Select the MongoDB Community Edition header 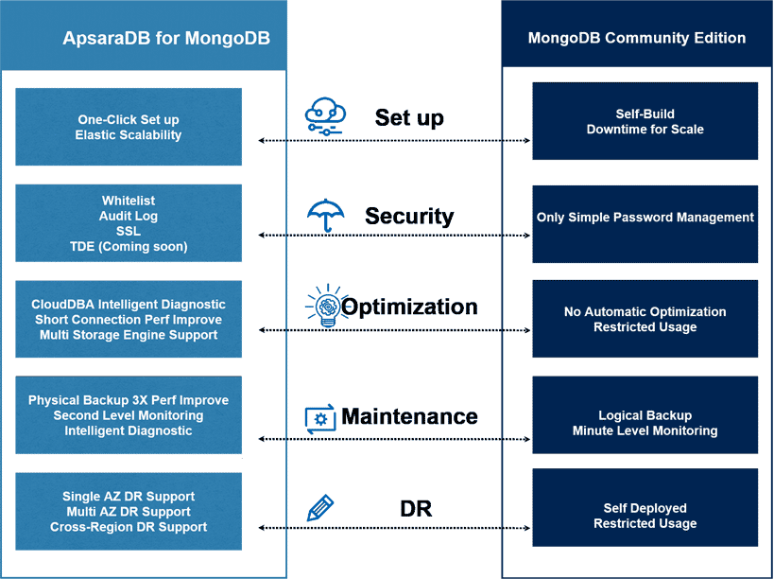636,38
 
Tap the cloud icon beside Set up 324,116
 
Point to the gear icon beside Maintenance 319,418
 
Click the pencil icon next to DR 319,508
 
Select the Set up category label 409,117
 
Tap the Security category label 409,216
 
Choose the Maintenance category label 409,416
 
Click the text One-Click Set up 129,120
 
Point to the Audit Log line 129,216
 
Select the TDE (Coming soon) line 129,246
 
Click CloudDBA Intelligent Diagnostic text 129,305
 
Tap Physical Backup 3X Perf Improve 129,400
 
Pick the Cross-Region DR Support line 129,526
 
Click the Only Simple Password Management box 645,218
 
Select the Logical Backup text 645,415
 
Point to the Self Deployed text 645,508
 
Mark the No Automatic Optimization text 645,311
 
